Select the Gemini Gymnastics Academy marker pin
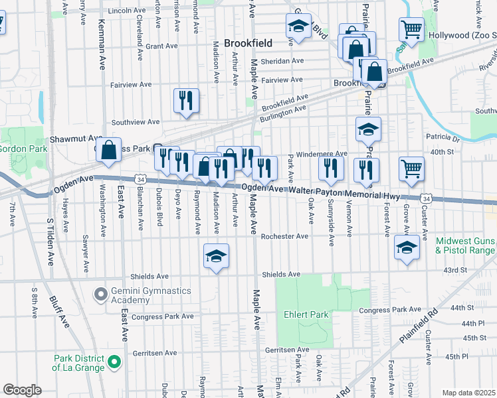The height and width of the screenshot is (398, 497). (100, 293)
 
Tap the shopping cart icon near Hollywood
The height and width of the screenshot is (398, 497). (411, 29)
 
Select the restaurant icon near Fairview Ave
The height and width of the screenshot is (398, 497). (185, 99)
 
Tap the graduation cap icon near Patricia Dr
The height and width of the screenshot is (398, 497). (367, 129)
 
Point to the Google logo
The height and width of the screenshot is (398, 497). (22, 390)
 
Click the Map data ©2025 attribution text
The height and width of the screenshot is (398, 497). (468, 393)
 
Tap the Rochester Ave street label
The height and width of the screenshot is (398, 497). (284, 236)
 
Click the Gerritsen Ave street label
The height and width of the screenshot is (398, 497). (286, 350)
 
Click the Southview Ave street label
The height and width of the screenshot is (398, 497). (136, 122)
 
